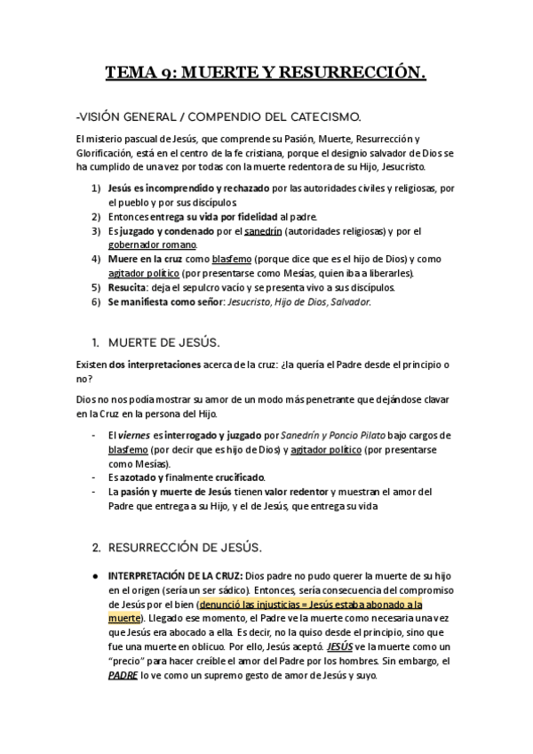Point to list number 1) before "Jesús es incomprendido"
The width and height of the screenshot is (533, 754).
(x=96, y=188)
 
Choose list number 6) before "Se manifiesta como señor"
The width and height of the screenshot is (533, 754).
(x=96, y=301)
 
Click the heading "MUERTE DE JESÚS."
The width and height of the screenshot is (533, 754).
(x=163, y=342)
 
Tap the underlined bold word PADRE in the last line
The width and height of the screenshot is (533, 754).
(x=123, y=675)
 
